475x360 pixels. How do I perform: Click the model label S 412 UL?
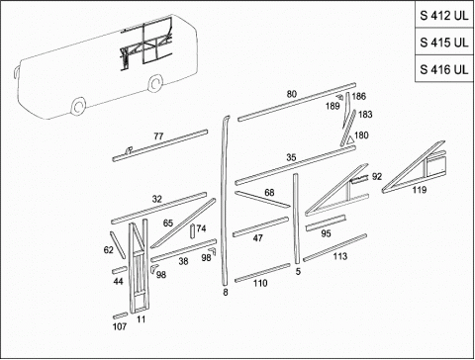click(x=444, y=16)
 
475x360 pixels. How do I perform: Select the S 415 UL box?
click(x=444, y=43)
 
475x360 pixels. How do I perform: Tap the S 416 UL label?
click(x=444, y=69)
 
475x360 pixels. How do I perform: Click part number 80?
click(x=292, y=94)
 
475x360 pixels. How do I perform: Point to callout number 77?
click(x=158, y=136)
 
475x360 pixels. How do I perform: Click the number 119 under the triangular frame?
click(x=419, y=190)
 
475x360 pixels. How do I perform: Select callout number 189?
click(x=332, y=106)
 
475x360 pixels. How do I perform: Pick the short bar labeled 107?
click(x=120, y=315)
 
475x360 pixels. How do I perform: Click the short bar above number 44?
click(x=120, y=270)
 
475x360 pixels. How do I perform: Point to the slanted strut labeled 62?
click(x=118, y=244)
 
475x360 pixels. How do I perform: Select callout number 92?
click(x=377, y=177)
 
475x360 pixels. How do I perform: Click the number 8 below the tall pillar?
click(x=226, y=293)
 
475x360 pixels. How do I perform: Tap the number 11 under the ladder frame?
click(x=142, y=319)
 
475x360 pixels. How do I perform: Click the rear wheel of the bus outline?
click(x=155, y=83)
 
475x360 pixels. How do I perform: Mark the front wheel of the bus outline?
click(x=78, y=107)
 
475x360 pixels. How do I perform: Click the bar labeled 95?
click(x=326, y=224)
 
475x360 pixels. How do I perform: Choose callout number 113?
click(x=340, y=256)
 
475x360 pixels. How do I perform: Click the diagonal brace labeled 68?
click(x=262, y=199)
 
